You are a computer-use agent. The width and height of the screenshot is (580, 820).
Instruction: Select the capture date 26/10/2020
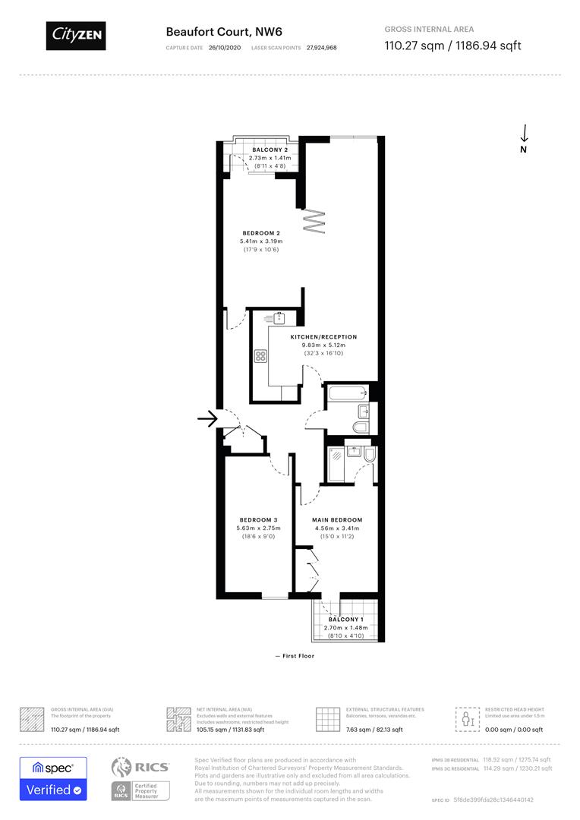coord(224,47)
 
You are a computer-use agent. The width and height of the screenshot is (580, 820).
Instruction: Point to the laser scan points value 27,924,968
coord(322,47)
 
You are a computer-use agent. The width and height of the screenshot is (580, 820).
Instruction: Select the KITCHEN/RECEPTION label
coord(323,336)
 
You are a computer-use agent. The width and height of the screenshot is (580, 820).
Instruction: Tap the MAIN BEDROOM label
coord(336,519)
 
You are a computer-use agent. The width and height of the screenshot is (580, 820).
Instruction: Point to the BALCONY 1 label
coord(345,620)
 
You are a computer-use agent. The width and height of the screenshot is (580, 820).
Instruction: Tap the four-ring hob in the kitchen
coord(260,355)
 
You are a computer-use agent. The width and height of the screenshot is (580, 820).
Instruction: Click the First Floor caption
coord(295,656)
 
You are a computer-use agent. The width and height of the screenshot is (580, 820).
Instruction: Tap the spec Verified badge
coord(53,778)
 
